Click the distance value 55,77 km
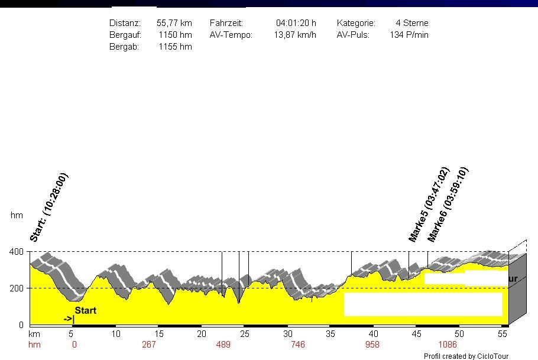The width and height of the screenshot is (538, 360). [174, 23]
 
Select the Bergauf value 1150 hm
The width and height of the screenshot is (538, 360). [175, 35]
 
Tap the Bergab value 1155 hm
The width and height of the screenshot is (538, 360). [175, 47]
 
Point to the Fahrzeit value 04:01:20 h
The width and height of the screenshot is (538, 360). [296, 23]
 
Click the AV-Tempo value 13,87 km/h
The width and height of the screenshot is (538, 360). [294, 35]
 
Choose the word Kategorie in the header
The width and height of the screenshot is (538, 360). [356, 23]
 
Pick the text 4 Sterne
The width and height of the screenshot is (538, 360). [412, 23]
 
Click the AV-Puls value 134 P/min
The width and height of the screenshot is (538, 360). [409, 35]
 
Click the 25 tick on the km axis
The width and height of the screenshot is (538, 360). [245, 334]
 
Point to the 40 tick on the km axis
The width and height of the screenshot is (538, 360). [374, 334]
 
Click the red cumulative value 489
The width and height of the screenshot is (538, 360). [223, 345]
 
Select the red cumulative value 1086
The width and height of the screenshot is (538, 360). [448, 345]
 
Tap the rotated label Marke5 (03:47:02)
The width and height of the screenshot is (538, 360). [429, 205]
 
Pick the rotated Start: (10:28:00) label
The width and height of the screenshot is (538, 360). [49, 207]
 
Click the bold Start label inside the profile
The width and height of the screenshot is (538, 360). [85, 310]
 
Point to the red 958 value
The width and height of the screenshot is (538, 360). [372, 345]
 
